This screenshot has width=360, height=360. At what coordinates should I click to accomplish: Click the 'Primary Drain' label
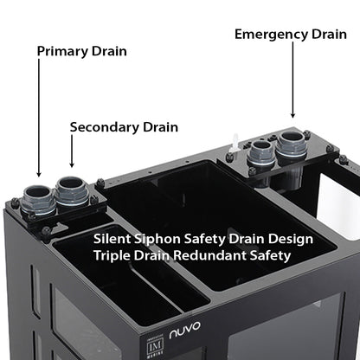coord(81,51)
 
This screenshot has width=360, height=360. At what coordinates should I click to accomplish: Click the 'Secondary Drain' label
coord(124,127)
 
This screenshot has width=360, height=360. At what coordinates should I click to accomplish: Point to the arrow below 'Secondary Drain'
coord(72,153)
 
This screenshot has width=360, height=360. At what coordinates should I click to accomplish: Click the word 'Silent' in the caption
coord(113,238)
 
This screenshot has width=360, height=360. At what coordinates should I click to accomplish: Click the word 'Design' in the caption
coord(291,238)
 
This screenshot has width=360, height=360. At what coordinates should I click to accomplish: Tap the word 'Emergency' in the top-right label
coord(267,35)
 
